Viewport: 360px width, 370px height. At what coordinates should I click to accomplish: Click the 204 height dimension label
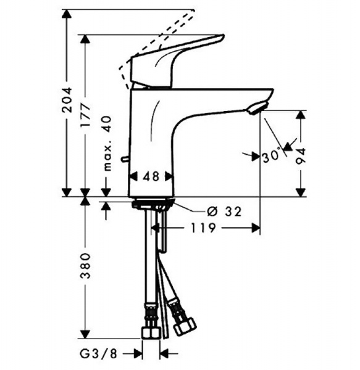pos(67,99)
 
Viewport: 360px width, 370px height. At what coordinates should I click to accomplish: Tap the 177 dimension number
pos(85,115)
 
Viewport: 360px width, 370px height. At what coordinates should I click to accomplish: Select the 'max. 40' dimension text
pos(107,143)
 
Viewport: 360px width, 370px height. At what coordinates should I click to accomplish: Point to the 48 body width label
pos(151,176)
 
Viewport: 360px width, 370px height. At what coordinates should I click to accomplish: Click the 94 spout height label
pos(301,156)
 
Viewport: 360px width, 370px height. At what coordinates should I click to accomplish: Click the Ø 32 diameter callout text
pos(224,212)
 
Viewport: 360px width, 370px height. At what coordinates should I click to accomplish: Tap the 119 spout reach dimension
pos(203,228)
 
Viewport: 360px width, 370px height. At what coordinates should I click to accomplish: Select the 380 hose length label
pos(85,266)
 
